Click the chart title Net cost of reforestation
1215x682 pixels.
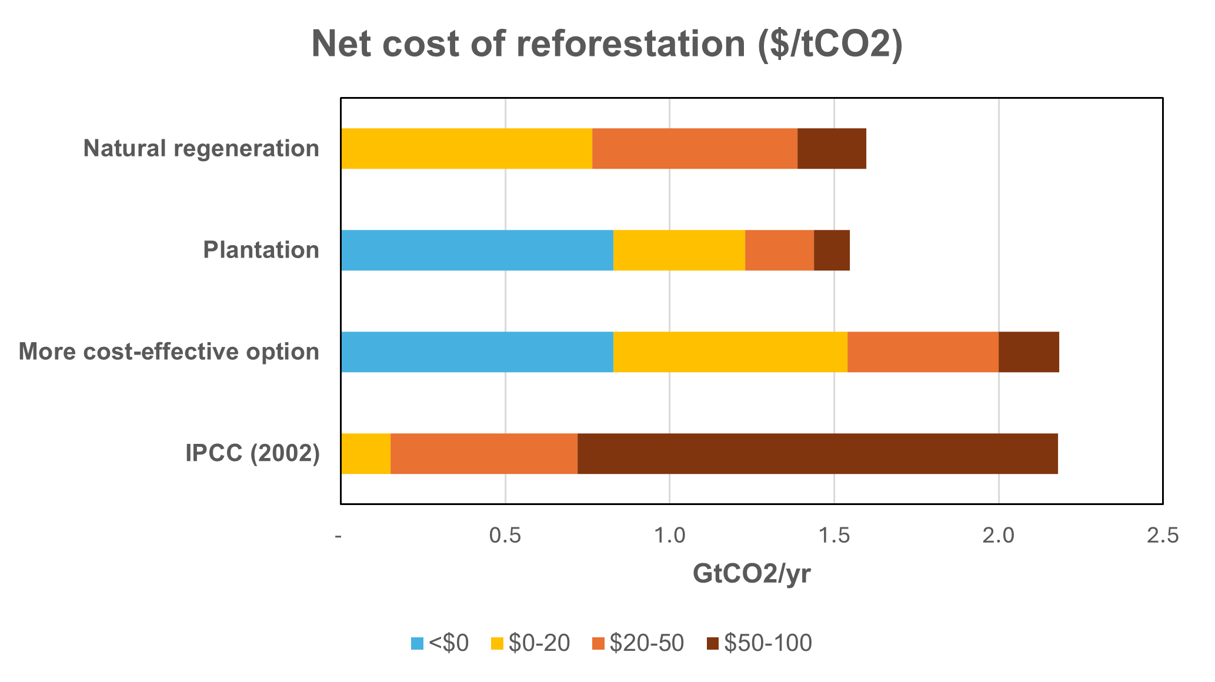pos(607,45)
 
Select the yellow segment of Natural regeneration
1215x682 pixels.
pos(466,149)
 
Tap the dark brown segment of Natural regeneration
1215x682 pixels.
pos(832,149)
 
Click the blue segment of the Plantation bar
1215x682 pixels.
pos(477,250)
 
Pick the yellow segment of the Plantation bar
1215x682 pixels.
pos(679,250)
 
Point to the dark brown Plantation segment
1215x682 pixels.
pos(832,250)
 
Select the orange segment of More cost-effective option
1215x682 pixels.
pos(923,352)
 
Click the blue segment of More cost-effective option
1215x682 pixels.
pos(477,352)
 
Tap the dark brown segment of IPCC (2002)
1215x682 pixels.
pos(817,454)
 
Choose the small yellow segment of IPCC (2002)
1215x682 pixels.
pos(366,454)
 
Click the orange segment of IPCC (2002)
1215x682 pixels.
pos(484,454)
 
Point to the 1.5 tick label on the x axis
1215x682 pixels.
pos(834,536)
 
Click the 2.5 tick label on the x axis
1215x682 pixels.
pos(1163,536)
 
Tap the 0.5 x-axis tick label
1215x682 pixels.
pos(506,536)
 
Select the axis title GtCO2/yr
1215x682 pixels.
pos(752,574)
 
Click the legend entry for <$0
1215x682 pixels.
pos(440,644)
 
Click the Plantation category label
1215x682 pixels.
pos(261,250)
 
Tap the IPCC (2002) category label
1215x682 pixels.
pos(252,454)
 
